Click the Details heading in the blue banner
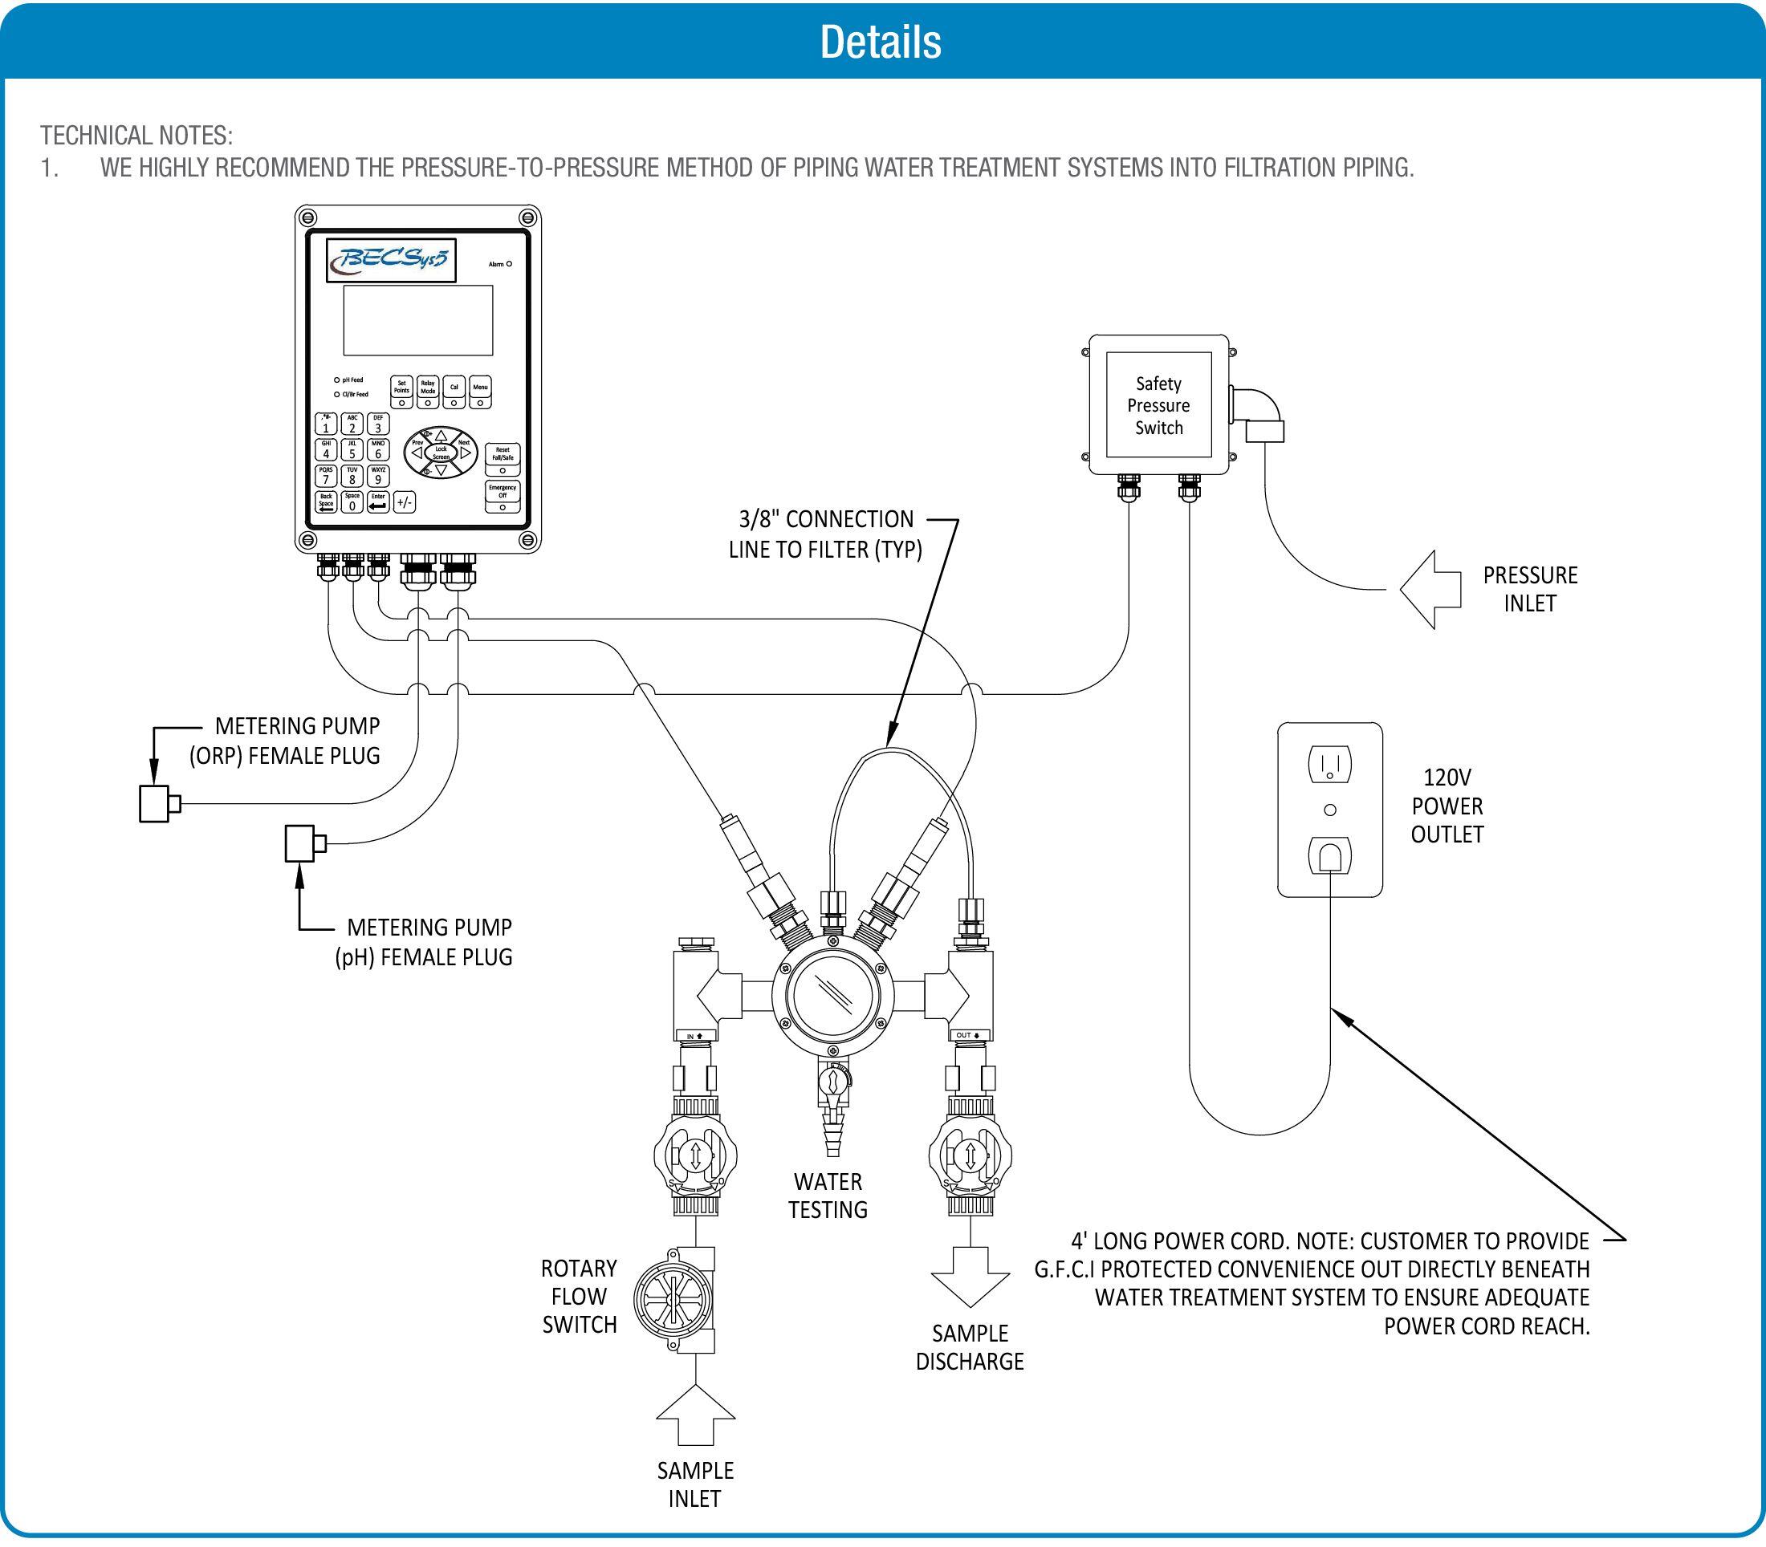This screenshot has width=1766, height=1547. (x=880, y=42)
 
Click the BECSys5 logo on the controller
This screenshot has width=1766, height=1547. (x=391, y=260)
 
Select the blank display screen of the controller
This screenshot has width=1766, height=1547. (x=418, y=319)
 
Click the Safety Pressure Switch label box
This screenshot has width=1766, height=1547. (x=1158, y=405)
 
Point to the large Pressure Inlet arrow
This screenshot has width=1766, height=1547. (x=1430, y=590)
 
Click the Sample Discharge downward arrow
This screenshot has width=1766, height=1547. (x=970, y=1276)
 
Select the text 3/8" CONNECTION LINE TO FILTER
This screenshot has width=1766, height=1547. (x=825, y=534)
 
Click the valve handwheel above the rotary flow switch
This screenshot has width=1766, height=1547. (x=695, y=1155)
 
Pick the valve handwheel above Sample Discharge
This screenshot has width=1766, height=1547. (x=970, y=1155)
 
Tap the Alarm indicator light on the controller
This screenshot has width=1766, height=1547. (x=509, y=264)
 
